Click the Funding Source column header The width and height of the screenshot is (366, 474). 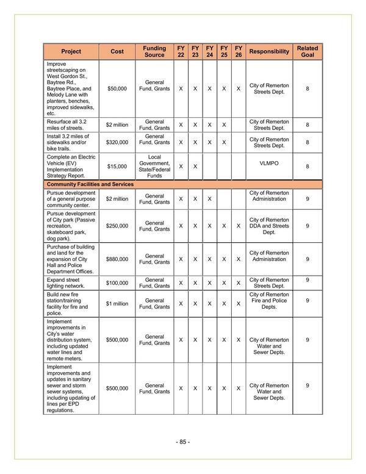pyautogui.click(x=154, y=51)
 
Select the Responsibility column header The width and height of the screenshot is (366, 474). pyautogui.click(x=269, y=51)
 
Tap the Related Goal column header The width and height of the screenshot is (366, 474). pyautogui.click(x=307, y=51)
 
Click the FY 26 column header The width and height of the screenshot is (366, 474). pyautogui.click(x=239, y=51)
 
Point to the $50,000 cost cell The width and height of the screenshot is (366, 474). pyautogui.click(x=117, y=88)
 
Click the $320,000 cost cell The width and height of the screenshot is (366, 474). pyautogui.click(x=117, y=143)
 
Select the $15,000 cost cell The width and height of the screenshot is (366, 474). pyautogui.click(x=117, y=166)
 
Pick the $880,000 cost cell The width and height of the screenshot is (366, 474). pyautogui.click(x=117, y=259)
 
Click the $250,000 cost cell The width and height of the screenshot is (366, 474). pyautogui.click(x=117, y=226)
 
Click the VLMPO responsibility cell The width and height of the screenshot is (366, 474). pyautogui.click(x=269, y=163)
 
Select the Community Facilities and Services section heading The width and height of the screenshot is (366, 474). pyautogui.click(x=90, y=184)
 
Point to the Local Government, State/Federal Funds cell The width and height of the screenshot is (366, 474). pyautogui.click(x=154, y=166)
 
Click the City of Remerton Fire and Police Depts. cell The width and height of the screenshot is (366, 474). pyautogui.click(x=269, y=301)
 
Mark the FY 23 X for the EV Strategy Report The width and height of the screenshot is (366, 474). pyautogui.click(x=195, y=166)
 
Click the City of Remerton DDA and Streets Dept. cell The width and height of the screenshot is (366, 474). pyautogui.click(x=269, y=226)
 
